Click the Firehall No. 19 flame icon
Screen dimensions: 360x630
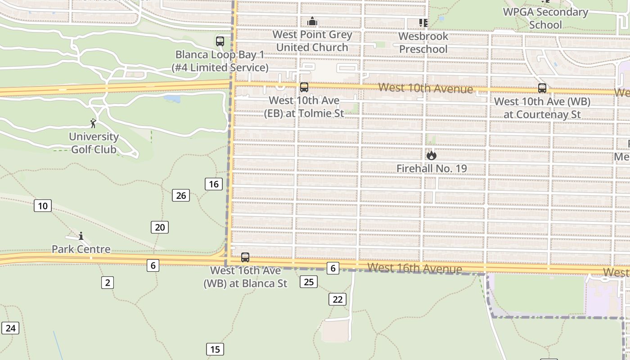point(431,156)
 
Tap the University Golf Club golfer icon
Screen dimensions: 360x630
point(93,123)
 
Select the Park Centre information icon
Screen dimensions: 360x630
point(81,236)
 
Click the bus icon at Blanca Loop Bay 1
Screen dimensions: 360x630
point(220,41)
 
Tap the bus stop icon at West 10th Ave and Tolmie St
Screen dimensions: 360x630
point(304,87)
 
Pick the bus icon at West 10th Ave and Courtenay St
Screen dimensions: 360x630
point(542,88)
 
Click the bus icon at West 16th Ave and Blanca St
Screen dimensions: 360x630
point(245,257)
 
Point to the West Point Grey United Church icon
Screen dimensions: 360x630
point(312,21)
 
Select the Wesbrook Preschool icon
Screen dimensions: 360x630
point(423,22)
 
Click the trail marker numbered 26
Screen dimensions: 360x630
point(181,195)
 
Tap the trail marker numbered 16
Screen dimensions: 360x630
point(214,184)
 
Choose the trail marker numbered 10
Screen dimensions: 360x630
point(42,206)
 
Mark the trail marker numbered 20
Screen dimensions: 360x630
point(160,227)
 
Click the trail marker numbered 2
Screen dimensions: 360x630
point(107,283)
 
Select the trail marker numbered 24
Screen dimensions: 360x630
point(10,328)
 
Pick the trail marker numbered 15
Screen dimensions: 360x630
point(215,349)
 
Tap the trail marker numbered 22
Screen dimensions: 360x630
point(337,299)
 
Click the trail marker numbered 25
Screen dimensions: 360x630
point(309,282)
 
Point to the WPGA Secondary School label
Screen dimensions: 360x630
point(545,18)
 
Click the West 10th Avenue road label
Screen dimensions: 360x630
point(425,88)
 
